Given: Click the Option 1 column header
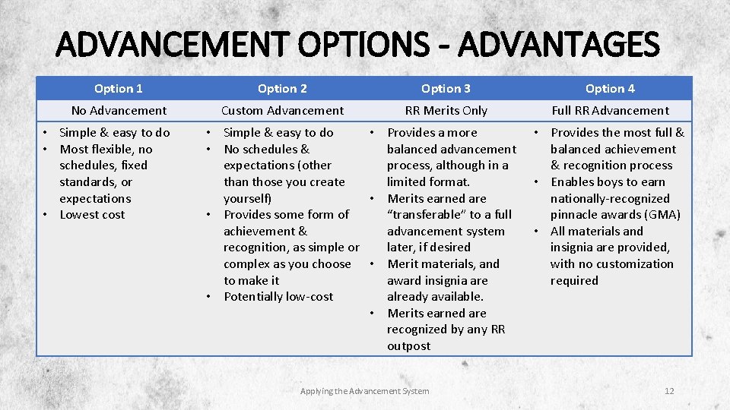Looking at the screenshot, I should [x=119, y=89].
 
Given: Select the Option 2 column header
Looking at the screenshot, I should [x=282, y=89].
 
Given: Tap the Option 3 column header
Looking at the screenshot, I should [x=446, y=89].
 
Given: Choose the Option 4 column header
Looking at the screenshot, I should [x=610, y=89].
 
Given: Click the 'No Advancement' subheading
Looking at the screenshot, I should [x=119, y=111].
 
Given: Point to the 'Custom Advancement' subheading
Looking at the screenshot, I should [x=282, y=111].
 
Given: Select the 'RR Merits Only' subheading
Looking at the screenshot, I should [x=446, y=111].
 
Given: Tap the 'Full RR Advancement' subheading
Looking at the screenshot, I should [x=610, y=111].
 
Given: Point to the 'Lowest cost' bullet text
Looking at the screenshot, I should [x=92, y=215].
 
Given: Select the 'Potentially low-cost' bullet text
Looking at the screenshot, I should [x=278, y=297].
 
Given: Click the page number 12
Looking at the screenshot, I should [x=669, y=391].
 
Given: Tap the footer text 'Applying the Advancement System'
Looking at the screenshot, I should [x=365, y=391].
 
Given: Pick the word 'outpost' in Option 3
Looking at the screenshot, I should [x=408, y=346].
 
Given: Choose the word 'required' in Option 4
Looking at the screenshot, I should [x=574, y=281].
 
